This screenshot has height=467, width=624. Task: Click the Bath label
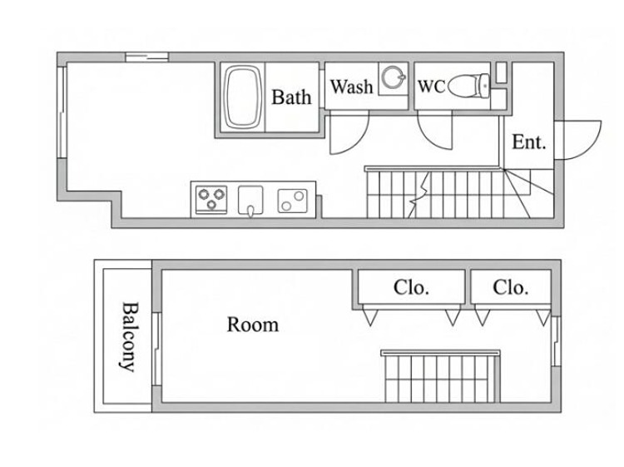(291, 97)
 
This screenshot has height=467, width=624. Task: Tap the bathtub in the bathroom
(243, 97)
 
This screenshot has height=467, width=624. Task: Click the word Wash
(351, 87)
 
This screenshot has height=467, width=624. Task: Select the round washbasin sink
(394, 77)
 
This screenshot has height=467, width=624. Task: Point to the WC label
(431, 87)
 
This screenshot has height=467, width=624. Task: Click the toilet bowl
(468, 86)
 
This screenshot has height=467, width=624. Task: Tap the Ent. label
(528, 142)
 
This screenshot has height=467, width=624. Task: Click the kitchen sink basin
(250, 199)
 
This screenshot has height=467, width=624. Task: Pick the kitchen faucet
(250, 211)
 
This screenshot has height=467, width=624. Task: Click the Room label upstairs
(253, 325)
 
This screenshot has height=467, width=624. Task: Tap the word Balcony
(129, 337)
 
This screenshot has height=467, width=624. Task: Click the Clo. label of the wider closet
(411, 287)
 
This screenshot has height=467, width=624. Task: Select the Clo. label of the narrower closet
(511, 287)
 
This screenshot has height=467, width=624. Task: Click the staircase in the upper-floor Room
(440, 376)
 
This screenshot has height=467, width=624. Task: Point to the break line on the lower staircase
(418, 195)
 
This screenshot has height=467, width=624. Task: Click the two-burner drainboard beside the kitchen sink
(293, 201)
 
